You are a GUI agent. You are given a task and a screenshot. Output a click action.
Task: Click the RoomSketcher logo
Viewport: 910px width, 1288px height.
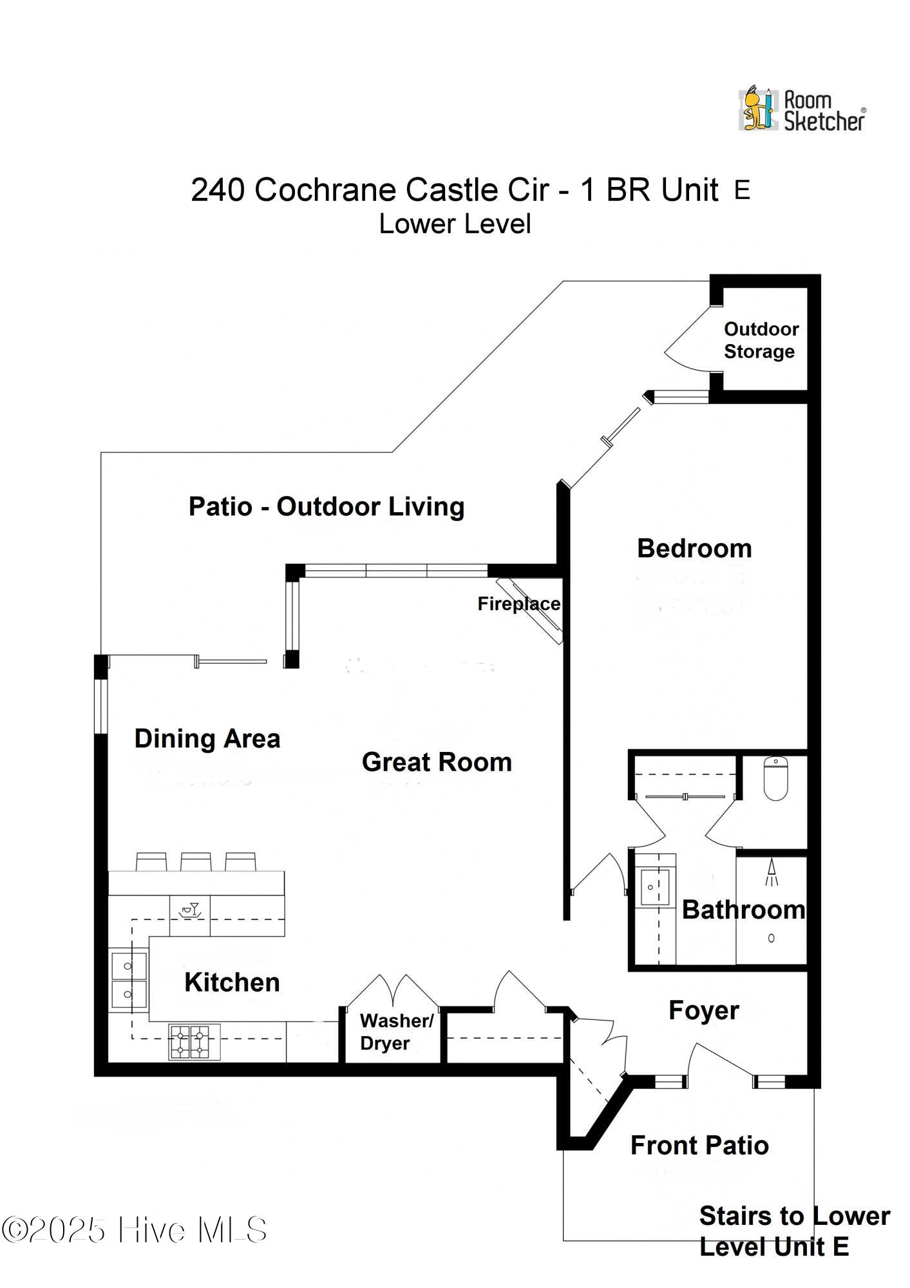tap(802, 110)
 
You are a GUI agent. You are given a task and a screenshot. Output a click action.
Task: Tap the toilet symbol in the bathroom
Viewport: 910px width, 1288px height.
tap(776, 778)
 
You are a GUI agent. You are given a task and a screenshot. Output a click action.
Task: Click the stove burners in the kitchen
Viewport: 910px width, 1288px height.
tap(194, 1041)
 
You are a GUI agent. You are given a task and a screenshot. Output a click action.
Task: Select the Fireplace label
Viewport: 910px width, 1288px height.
tap(519, 604)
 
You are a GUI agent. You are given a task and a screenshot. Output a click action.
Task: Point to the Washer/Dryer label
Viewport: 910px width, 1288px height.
tap(396, 1032)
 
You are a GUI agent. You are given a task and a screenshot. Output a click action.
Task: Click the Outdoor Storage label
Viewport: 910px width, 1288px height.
tap(761, 340)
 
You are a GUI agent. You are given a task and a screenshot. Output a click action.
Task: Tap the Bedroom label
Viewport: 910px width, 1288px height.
tap(694, 548)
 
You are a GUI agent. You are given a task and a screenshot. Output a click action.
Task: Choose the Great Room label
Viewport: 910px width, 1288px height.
tap(437, 762)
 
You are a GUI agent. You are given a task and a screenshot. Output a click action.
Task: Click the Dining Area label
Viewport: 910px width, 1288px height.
tap(207, 739)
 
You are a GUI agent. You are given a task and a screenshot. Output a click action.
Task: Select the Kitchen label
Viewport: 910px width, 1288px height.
tap(232, 983)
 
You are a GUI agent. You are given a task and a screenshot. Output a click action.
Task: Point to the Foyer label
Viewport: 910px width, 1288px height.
tap(703, 1010)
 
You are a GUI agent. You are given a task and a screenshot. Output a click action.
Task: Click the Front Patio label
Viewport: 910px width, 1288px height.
tap(699, 1145)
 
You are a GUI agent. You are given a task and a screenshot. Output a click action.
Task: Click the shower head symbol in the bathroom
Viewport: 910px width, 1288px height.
tap(772, 872)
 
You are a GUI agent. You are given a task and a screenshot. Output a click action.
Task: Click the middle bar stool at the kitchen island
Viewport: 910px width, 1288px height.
tap(196, 861)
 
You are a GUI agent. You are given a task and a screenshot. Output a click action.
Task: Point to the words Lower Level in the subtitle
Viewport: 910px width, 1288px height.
tap(455, 224)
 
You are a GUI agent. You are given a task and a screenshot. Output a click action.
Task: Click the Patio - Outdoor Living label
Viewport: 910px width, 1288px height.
tap(327, 506)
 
